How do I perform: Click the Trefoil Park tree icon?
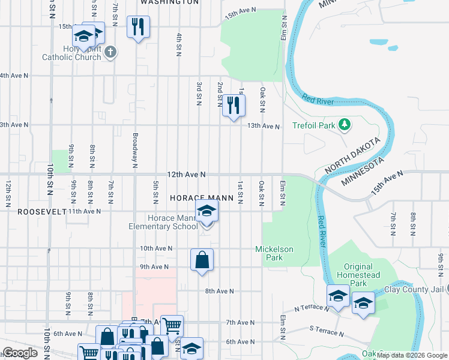[x=344, y=125]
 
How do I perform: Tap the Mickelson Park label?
[x=274, y=253]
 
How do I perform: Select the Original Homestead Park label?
[x=363, y=275]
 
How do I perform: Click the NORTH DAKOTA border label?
[x=353, y=155]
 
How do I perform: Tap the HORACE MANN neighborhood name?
[x=199, y=197]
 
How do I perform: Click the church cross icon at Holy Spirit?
[x=109, y=52]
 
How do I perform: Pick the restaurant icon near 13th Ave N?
[x=234, y=106]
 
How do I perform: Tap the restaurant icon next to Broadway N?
[x=138, y=26]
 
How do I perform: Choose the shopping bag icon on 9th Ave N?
[x=202, y=260]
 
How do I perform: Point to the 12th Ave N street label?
[x=187, y=174]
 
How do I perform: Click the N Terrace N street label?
[x=311, y=308]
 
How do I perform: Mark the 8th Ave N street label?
[x=219, y=291]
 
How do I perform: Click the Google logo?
[x=20, y=353]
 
